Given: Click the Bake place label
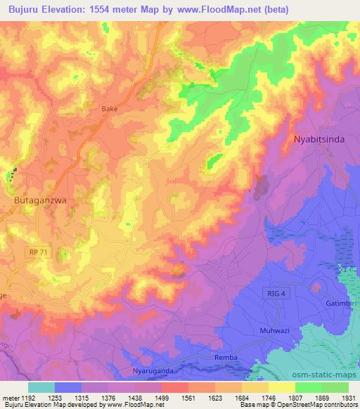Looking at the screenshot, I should [x=110, y=109].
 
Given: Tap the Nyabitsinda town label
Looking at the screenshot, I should [x=319, y=139].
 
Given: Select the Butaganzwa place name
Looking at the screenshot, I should [x=40, y=200].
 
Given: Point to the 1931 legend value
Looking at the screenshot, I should [x=347, y=397].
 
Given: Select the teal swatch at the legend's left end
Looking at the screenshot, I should [x=41, y=387].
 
